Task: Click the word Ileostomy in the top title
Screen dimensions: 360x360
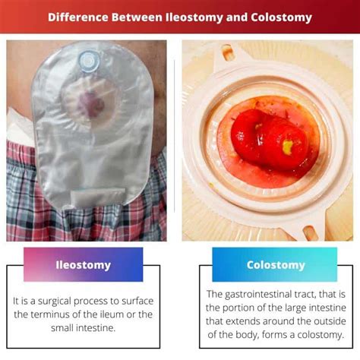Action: (194, 17)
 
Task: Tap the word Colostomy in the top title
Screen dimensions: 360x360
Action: (281, 17)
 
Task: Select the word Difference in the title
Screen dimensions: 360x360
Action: (78, 17)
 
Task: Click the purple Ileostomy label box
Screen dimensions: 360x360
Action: (84, 264)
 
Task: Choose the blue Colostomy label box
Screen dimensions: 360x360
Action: (275, 264)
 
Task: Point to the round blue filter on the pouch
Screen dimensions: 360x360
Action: (89, 62)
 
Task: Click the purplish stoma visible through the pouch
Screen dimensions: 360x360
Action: (90, 104)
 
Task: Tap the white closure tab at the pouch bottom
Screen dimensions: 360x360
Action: (98, 197)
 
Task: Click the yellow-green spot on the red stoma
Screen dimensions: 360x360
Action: (288, 147)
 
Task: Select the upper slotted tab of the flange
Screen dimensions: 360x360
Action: (227, 53)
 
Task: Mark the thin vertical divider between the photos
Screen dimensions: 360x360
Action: (175, 136)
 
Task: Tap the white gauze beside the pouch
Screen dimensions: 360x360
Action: (20, 128)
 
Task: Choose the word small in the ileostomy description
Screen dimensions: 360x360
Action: (62, 328)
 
